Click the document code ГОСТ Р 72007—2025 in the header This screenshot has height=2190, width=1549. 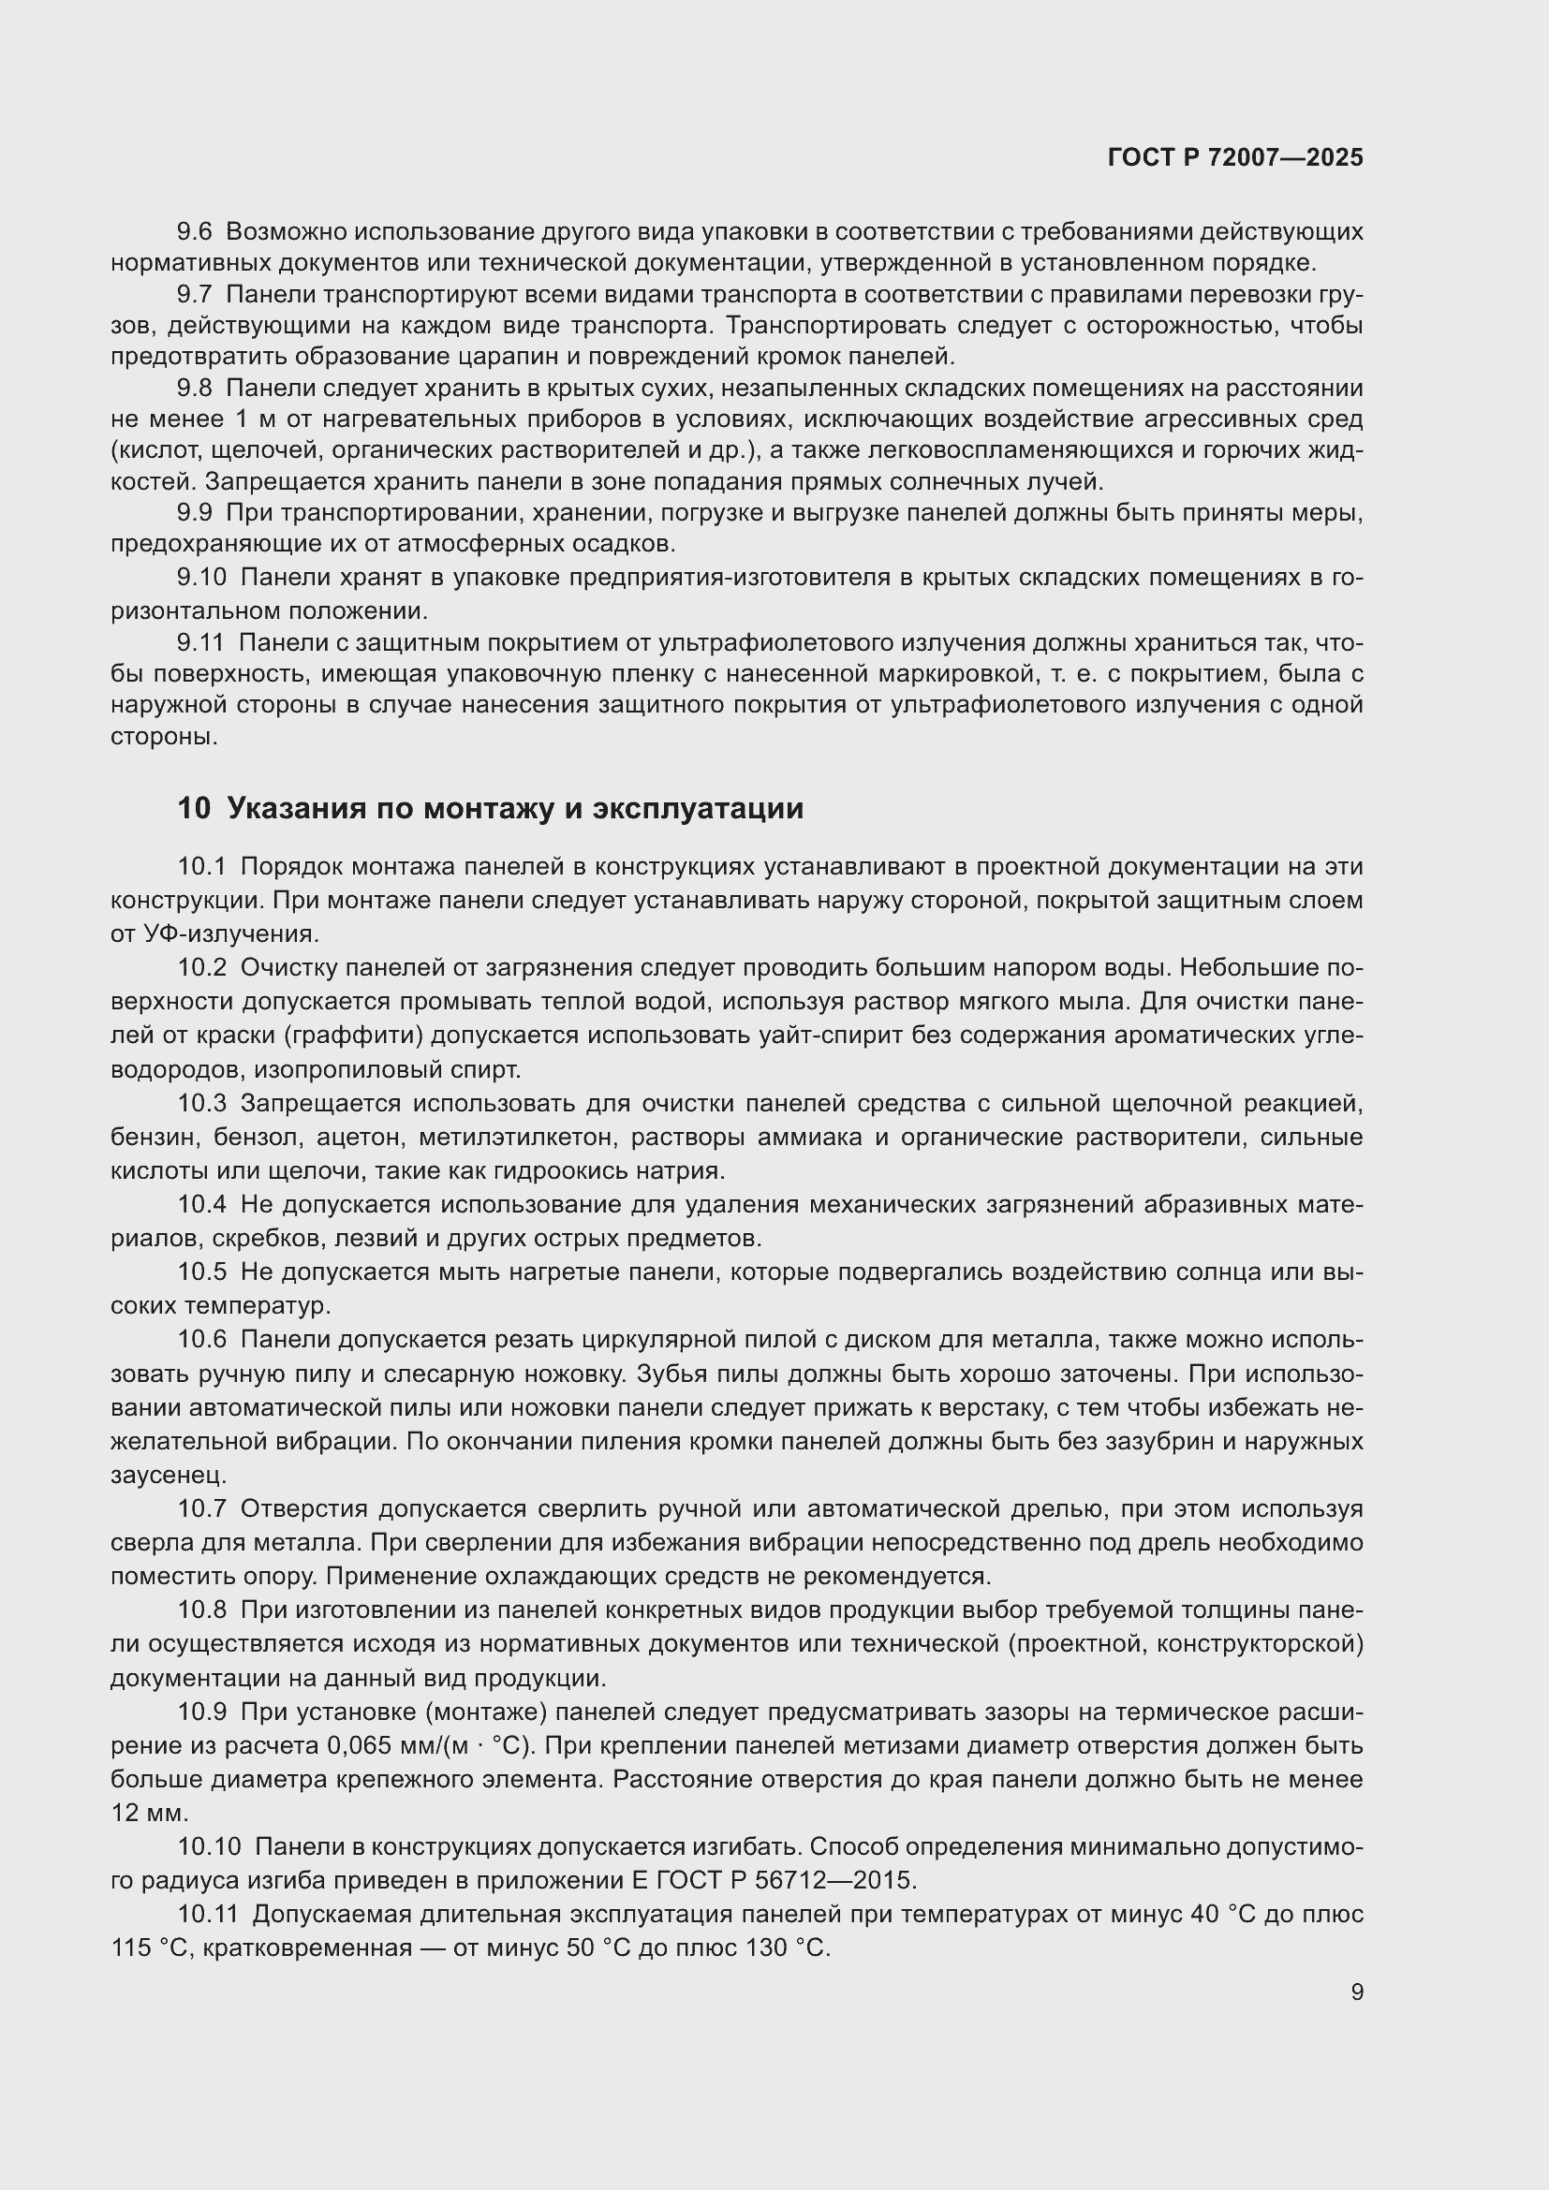1235,157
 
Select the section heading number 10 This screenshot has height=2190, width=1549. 193,808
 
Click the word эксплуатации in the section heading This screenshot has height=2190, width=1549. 699,808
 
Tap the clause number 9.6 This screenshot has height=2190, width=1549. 195,232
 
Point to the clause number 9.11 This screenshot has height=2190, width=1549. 200,643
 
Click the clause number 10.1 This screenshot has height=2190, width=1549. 201,867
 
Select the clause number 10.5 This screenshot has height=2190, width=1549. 201,1272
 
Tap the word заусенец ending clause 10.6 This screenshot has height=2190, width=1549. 169,1475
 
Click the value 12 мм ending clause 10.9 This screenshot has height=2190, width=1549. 150,1813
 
